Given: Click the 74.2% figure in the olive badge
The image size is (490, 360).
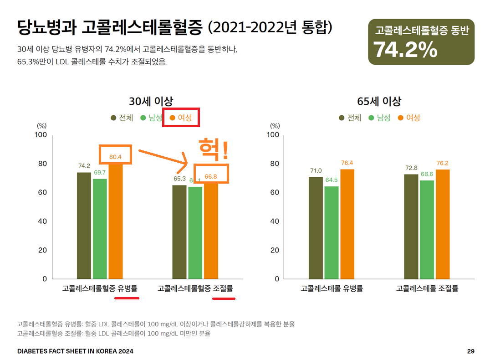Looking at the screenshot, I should tap(406, 50).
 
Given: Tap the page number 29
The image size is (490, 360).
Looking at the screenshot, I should tap(471, 351).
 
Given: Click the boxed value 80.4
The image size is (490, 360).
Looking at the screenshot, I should tap(115, 156).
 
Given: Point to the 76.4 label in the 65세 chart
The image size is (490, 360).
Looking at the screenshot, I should tap(347, 163).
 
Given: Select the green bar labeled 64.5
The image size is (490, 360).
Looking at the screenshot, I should tap(331, 232).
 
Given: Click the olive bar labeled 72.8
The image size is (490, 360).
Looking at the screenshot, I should tap(411, 226).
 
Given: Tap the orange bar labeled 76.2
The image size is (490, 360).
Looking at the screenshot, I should tap(442, 224).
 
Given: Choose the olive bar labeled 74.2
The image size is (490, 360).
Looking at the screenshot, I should tap(84, 226).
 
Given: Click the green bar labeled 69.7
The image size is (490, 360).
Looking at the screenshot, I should tap(100, 229).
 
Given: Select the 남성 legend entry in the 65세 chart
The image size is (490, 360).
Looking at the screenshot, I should tap(379, 118).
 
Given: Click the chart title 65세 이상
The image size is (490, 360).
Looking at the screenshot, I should tap(379, 101).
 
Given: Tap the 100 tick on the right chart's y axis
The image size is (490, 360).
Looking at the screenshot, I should tap(273, 135).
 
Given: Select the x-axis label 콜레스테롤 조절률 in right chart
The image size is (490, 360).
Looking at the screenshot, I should tap(427, 288).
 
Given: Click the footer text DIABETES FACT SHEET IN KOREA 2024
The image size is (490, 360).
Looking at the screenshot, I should tap(75, 351).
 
